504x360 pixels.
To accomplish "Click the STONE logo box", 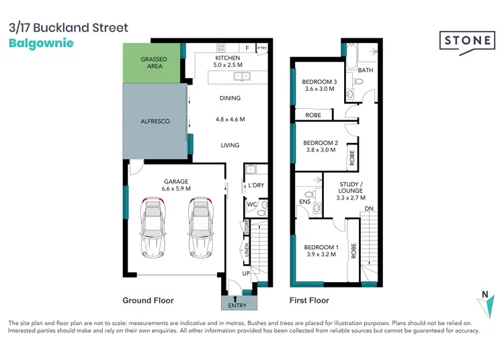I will [x=468, y=40].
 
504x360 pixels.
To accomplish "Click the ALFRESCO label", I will [x=154, y=121].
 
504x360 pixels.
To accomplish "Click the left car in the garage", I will [x=154, y=228].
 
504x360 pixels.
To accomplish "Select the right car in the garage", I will [x=200, y=228].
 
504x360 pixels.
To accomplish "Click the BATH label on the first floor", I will [x=365, y=70].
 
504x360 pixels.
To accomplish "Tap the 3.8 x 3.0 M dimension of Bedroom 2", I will [x=320, y=151].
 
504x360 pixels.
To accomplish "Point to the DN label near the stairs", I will [x=369, y=209].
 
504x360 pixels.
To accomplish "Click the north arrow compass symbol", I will [x=485, y=302].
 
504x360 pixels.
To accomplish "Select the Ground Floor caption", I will [x=148, y=300].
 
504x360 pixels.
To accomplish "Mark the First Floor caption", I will [x=309, y=300].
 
